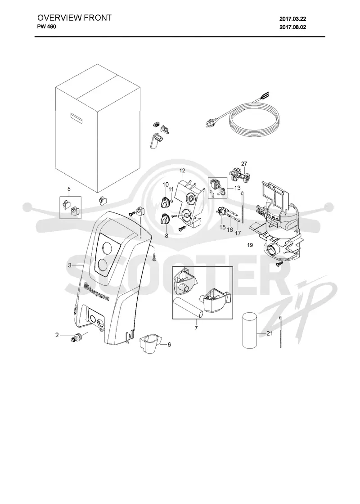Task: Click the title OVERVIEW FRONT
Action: pyautogui.click(x=74, y=18)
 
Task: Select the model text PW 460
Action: pyautogui.click(x=47, y=27)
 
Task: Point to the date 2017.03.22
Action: pyautogui.click(x=292, y=19)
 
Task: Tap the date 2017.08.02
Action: pyautogui.click(x=292, y=27)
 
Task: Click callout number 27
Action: pyautogui.click(x=244, y=163)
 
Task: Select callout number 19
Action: pyautogui.click(x=250, y=245)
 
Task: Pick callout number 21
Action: pyautogui.click(x=270, y=333)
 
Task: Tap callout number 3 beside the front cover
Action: pyautogui.click(x=69, y=265)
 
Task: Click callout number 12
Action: pyautogui.click(x=182, y=170)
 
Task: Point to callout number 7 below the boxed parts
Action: pyautogui.click(x=196, y=328)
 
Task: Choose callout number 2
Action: pyautogui.click(x=57, y=335)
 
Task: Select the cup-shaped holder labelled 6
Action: pyautogui.click(x=150, y=344)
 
